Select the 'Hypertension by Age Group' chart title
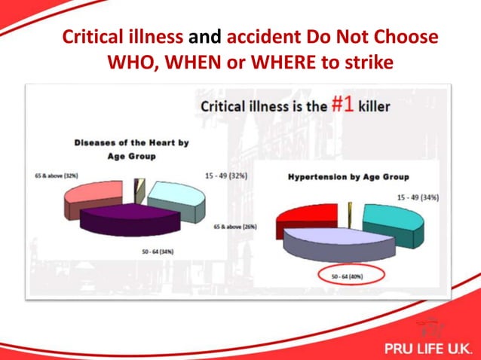coord(348,177)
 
